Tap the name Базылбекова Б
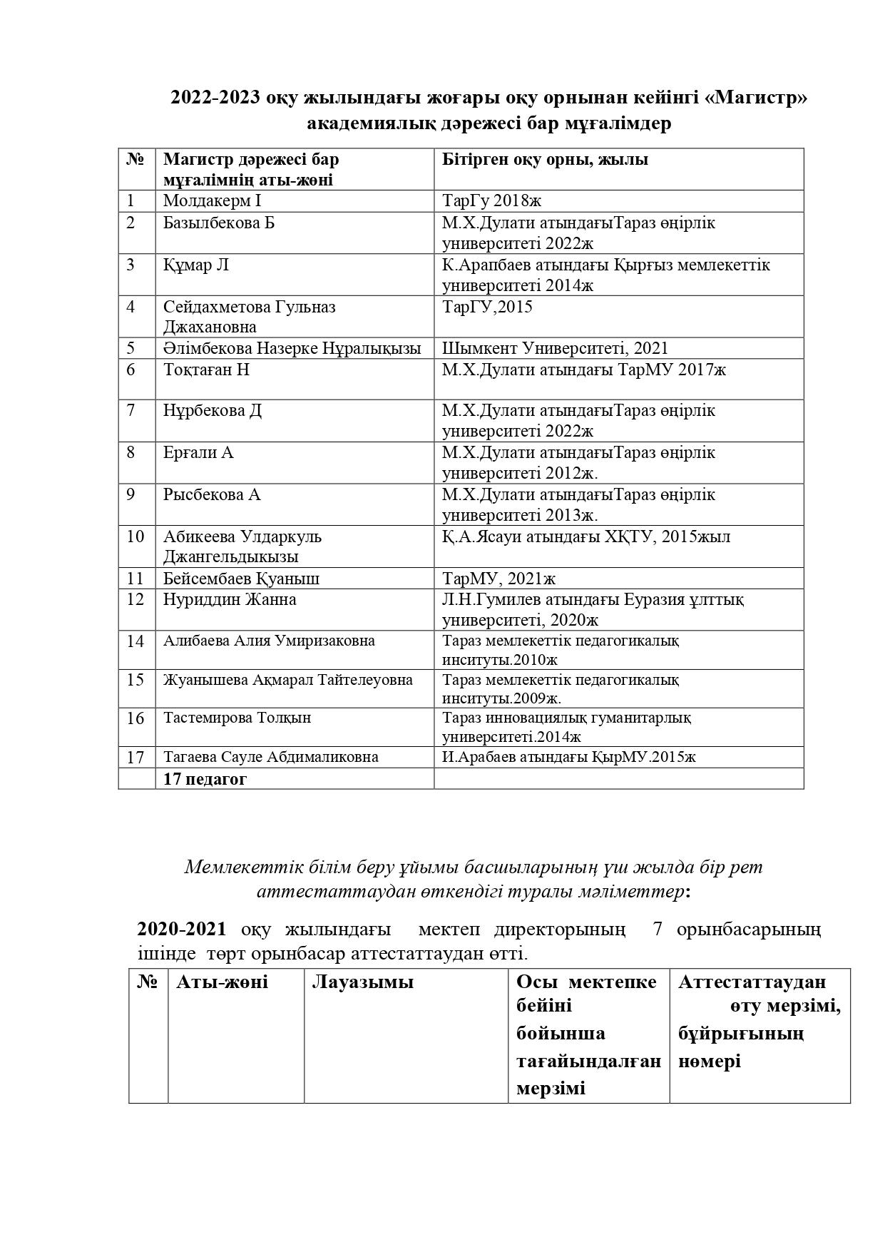[219, 223]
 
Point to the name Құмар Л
[196, 265]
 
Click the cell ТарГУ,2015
[487, 307]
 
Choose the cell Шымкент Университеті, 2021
[555, 348]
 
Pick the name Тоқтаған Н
[206, 370]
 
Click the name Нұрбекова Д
[213, 411]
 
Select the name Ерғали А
[198, 453]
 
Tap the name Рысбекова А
[212, 494]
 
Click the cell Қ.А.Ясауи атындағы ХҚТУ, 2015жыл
[585, 536]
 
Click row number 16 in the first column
[135, 718]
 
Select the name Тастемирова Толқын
[237, 718]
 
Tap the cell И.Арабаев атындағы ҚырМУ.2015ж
[568, 758]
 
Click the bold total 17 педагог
[205, 779]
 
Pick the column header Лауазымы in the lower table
[362, 982]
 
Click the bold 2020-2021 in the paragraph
[182, 930]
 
